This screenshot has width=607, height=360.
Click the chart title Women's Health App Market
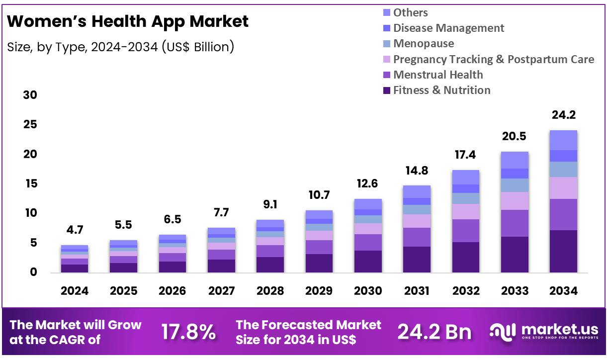pyautogui.click(x=128, y=21)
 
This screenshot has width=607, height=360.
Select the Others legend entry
pyautogui.click(x=410, y=12)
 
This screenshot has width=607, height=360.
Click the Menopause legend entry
pyautogui.click(x=423, y=43)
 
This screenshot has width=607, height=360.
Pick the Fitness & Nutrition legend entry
pyautogui.click(x=441, y=90)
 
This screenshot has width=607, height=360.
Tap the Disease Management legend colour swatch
pyautogui.click(x=387, y=28)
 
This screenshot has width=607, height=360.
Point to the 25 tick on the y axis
pyautogui.click(x=30, y=124)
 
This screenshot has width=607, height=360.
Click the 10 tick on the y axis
pyautogui.click(x=30, y=213)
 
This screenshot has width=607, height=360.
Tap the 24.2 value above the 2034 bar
pyautogui.click(x=563, y=115)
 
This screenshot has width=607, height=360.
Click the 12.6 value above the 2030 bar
pyautogui.click(x=368, y=184)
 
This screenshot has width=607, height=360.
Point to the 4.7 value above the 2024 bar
pyautogui.click(x=75, y=230)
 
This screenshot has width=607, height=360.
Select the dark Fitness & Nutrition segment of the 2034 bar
pyautogui.click(x=563, y=251)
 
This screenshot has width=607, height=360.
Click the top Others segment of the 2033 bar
pyautogui.click(x=515, y=160)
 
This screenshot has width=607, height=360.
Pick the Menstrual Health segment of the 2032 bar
pyautogui.click(x=466, y=231)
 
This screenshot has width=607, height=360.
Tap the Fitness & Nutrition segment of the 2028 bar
pyautogui.click(x=270, y=265)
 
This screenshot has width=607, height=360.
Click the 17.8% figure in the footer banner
pyautogui.click(x=188, y=332)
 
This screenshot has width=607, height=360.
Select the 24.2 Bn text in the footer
pyautogui.click(x=434, y=332)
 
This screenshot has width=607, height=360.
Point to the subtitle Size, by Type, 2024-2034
pyautogui.click(x=121, y=47)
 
